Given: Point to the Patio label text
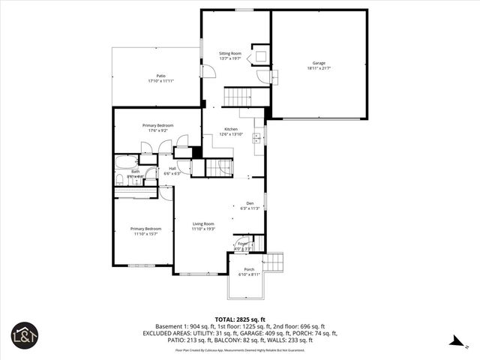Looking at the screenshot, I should pos(160,78).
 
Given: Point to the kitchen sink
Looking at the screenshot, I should pos(257,137).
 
